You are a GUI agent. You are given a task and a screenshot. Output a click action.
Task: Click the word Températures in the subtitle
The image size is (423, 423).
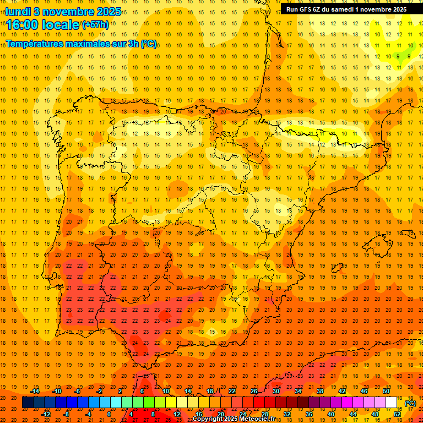click(32, 44)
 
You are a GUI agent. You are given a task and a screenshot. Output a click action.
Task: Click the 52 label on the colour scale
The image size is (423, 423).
click(397, 414)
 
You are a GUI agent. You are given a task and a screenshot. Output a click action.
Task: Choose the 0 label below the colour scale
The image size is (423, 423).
click(109, 414)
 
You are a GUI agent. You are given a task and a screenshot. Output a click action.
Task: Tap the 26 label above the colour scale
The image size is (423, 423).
click(253, 391)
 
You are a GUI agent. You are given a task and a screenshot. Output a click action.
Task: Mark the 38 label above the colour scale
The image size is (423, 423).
click(319, 391)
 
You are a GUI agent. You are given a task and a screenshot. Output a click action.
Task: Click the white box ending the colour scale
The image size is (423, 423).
click(392, 403)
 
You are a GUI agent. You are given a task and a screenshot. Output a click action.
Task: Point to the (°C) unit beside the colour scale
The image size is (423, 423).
click(410, 403)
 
